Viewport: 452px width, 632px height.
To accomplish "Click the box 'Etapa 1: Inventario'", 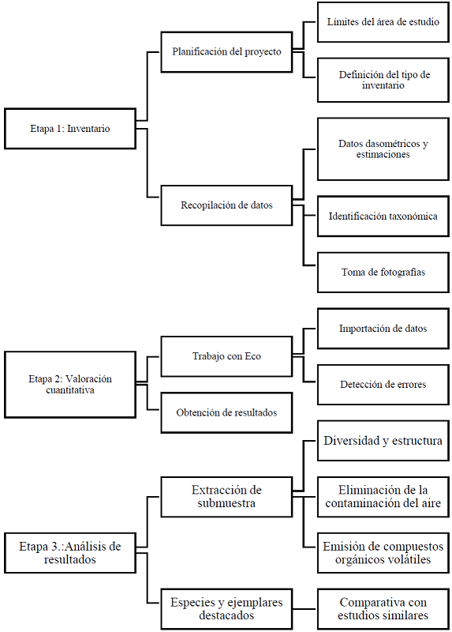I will pos(69,128).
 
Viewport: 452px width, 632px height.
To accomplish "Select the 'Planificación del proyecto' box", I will pos(226,51).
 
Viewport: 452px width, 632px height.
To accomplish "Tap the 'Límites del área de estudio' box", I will pos(383,22).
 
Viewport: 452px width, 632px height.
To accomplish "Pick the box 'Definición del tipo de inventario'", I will pos(383,80).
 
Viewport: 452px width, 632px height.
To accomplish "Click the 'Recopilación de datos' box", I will pos(226,205).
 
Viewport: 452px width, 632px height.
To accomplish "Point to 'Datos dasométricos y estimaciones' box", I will pos(383,149).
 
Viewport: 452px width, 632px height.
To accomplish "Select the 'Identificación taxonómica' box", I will pos(383,216).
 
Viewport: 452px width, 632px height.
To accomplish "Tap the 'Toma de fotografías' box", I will pos(383,272).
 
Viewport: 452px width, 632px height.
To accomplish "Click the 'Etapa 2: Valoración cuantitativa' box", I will pos(69,384).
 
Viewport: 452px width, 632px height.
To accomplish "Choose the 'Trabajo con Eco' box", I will pos(226,356).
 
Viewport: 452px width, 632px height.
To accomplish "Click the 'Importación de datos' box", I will pos(383,328).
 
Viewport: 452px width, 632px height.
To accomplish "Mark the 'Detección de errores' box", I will pos(383,385).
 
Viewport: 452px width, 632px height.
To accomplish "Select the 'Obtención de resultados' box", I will pos(226,412).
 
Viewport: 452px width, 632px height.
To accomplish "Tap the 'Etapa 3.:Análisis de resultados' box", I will pos(69,552).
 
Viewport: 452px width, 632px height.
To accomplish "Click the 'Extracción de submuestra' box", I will pos(226,497).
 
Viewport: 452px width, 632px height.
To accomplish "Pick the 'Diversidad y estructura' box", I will pos(383,441).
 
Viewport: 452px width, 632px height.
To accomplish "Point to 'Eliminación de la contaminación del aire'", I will pos(383,497).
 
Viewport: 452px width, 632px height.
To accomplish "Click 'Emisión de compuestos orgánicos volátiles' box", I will pos(383,553).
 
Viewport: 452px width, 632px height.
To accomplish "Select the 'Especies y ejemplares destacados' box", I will pos(226,608).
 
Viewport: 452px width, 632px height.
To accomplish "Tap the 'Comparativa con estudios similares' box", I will pos(383,608).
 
